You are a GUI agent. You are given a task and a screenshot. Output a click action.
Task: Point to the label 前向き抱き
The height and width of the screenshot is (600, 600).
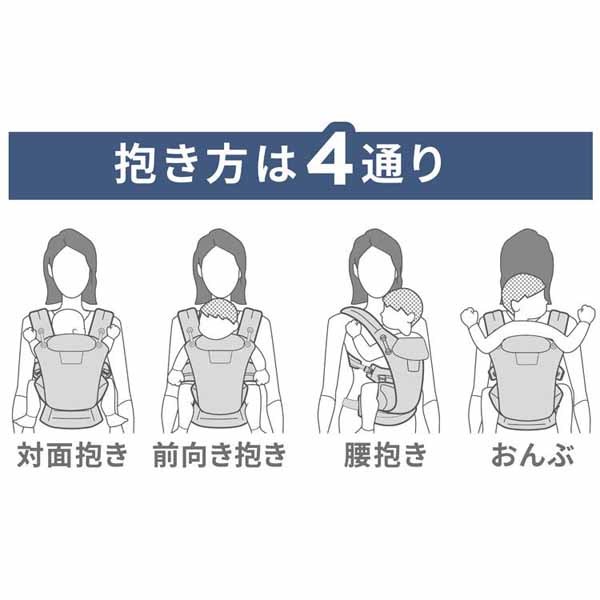220,457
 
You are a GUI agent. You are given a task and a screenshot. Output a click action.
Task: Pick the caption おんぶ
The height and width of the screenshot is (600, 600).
530,457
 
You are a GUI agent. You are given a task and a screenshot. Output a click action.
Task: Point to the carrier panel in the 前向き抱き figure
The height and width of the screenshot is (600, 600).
220,385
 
